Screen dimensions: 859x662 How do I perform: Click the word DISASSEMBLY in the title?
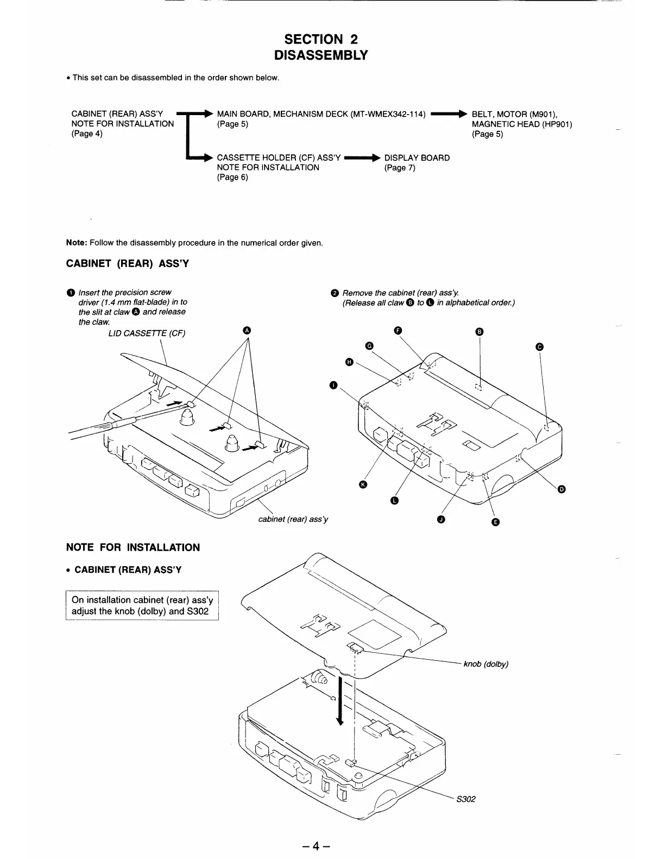pos(321,55)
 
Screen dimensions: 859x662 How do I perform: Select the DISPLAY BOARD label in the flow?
pos(417,158)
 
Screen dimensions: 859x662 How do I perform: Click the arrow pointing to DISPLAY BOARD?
pos(362,158)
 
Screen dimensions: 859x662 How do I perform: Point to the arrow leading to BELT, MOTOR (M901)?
pos(449,114)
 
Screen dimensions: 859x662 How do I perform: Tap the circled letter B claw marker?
pos(479,332)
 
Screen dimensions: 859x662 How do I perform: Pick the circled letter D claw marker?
pos(562,490)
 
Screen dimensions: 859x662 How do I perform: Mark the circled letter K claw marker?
pos(363,484)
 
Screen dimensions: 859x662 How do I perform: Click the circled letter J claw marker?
pos(441,520)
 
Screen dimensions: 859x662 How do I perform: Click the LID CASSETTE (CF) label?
pos(147,333)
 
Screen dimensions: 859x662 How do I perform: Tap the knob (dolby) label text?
pos(486,664)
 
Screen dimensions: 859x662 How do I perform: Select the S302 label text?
pos(466,799)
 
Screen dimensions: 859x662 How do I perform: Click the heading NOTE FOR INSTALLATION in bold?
pos(133,547)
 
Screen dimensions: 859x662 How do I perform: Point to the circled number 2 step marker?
pos(335,293)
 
